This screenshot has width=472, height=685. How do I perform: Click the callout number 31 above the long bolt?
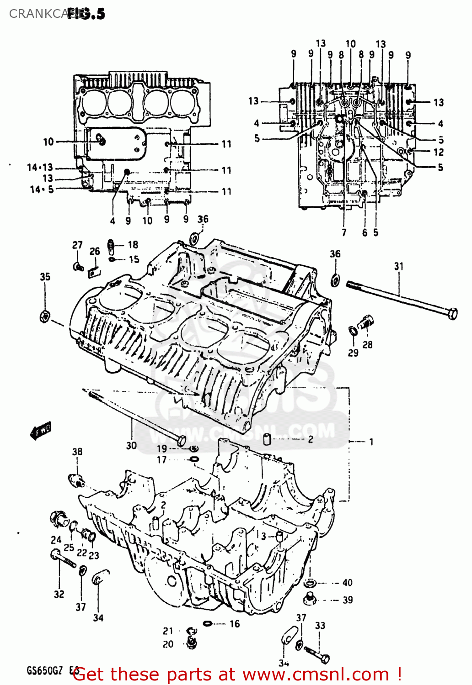pyautogui.click(x=399, y=266)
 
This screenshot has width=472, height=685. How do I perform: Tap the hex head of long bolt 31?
pyautogui.click(x=451, y=314)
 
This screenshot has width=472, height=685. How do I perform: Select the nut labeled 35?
pyautogui.click(x=45, y=316)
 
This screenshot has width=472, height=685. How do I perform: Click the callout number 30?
pyautogui.click(x=131, y=445)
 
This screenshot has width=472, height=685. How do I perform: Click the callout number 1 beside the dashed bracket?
pyautogui.click(x=371, y=442)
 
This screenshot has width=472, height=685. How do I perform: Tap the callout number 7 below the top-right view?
pyautogui.click(x=344, y=232)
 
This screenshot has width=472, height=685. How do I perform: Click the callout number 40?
pyautogui.click(x=348, y=583)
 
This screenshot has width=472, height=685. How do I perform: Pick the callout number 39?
pyautogui.click(x=348, y=600)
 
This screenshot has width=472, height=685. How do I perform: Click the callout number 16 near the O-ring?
pyautogui.click(x=235, y=624)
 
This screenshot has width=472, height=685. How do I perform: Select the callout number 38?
pyautogui.click(x=77, y=452)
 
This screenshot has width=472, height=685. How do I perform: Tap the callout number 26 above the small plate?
pyautogui.click(x=95, y=251)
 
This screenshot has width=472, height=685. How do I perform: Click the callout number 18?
pyautogui.click(x=133, y=245)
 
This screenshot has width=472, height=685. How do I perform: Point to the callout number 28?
pyautogui.click(x=368, y=345)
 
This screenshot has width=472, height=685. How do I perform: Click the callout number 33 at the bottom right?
pyautogui.click(x=320, y=625)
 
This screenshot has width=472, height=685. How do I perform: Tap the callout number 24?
pyautogui.click(x=56, y=539)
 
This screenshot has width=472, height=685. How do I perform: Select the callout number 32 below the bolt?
pyautogui.click(x=59, y=594)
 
